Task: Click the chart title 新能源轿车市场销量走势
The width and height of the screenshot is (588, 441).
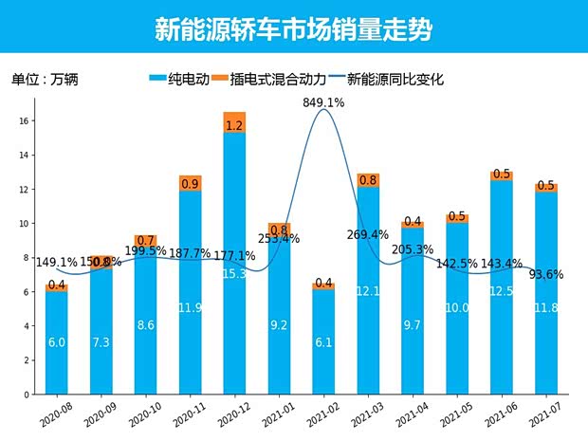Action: click(x=293, y=29)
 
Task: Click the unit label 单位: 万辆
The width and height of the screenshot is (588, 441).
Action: click(x=45, y=80)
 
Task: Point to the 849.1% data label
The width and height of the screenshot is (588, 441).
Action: click(x=323, y=101)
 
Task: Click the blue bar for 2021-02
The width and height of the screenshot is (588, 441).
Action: click(x=323, y=341)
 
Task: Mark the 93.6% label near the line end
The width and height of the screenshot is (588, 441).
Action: click(x=546, y=275)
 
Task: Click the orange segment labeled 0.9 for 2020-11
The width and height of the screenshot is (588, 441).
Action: click(x=190, y=183)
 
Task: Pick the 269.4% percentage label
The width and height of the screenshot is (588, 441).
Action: click(x=369, y=234)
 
